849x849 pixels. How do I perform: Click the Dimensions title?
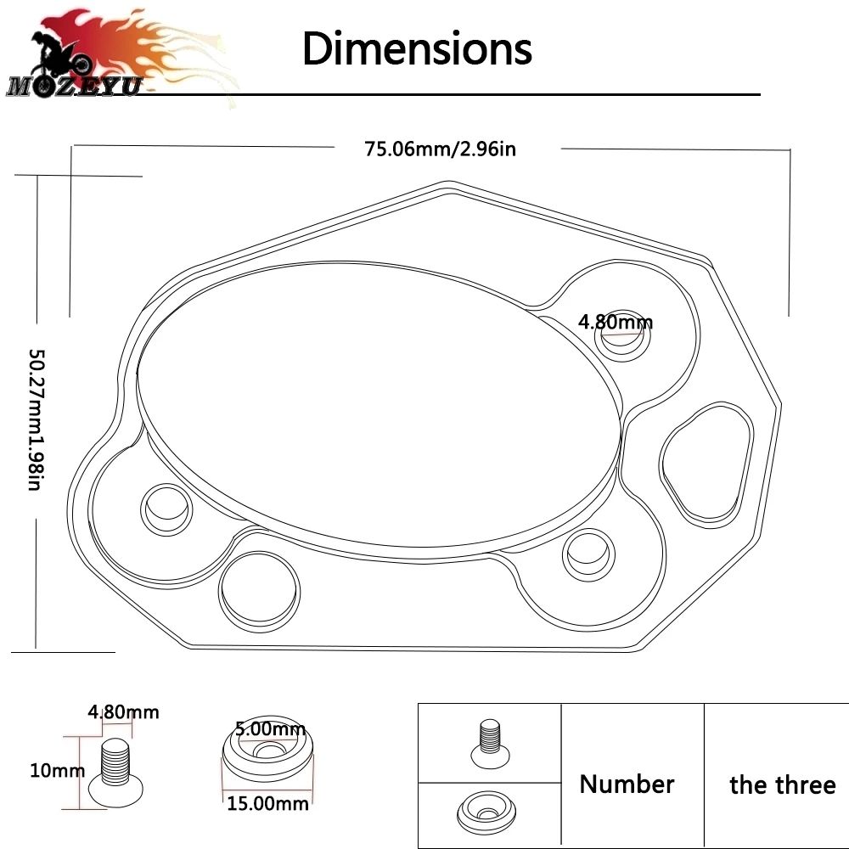[417, 48]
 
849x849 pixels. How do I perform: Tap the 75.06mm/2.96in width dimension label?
[440, 149]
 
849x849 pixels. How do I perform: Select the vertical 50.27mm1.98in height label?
[35, 419]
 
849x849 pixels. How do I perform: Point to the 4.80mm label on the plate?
[616, 322]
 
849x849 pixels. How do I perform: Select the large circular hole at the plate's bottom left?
[260, 589]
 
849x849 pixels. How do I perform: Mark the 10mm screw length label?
[56, 770]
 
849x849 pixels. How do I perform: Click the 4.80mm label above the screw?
[123, 711]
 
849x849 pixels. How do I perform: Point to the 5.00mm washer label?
[270, 728]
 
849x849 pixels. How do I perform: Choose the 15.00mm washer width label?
[267, 801]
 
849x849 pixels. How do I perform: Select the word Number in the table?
[627, 784]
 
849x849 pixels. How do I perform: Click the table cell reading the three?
[782, 784]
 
